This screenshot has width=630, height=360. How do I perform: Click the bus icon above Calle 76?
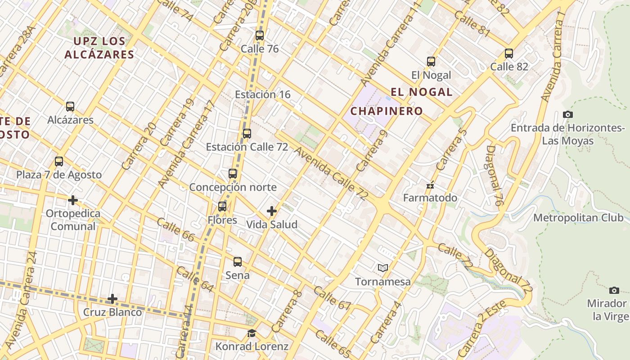(260, 36)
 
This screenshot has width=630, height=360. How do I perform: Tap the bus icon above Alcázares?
(70, 107)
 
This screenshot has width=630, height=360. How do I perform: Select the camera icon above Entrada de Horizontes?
(568, 115)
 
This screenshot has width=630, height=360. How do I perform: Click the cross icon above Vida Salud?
(272, 211)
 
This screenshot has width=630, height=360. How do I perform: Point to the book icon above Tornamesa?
(383, 268)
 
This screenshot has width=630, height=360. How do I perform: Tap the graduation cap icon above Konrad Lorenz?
(252, 333)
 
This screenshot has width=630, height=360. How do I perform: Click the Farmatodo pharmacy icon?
(430, 185)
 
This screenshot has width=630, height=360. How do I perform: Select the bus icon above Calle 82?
(509, 54)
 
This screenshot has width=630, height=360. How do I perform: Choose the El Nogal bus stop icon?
(431, 62)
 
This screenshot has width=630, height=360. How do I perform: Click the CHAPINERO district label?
(387, 111)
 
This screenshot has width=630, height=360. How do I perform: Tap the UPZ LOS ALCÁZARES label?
(99, 48)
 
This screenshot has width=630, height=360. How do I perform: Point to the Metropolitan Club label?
(578, 218)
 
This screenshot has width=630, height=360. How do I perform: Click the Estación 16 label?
(263, 94)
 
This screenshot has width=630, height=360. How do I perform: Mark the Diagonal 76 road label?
(494, 175)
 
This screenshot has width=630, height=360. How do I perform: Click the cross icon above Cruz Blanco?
(112, 299)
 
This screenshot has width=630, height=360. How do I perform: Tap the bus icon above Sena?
(238, 262)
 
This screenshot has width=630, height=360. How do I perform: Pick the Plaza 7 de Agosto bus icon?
(59, 162)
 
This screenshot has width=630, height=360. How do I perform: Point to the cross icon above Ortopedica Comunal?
(73, 200)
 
